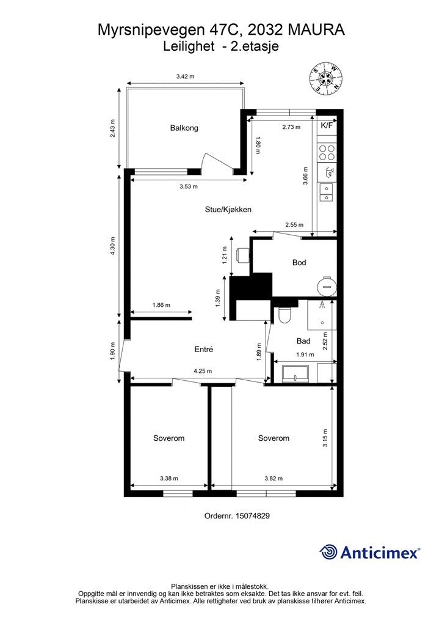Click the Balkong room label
(x=184, y=128)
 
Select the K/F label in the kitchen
(x=327, y=125)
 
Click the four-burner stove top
(x=327, y=152)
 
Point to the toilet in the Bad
(x=285, y=315)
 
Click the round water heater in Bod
(x=327, y=285)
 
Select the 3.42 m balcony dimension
(x=186, y=76)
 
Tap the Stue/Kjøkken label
(x=228, y=210)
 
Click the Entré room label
(x=204, y=349)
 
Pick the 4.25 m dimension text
(x=203, y=371)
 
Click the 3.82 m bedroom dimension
(x=274, y=478)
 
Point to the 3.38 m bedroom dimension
(x=169, y=478)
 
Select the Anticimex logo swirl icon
(x=328, y=552)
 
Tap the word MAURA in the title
(x=316, y=30)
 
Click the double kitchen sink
(x=327, y=193)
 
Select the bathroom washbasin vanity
(x=295, y=373)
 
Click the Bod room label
(x=299, y=262)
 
